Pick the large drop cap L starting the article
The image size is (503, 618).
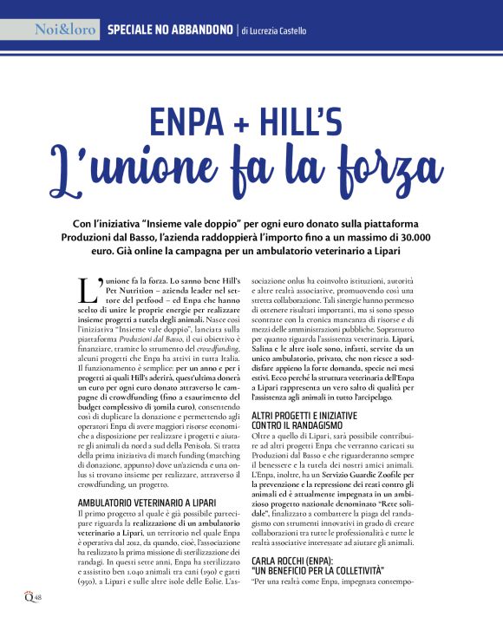88,293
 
